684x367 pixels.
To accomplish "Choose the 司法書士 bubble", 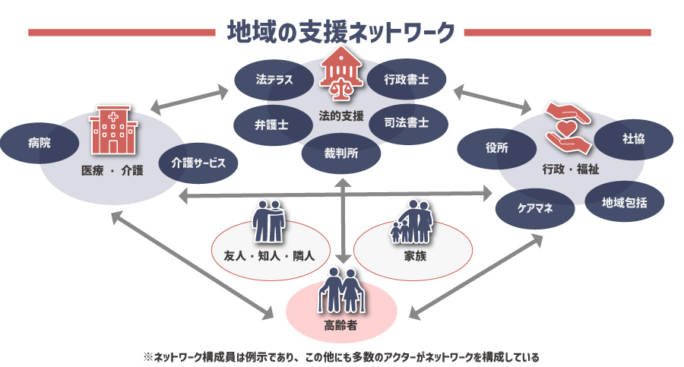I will coord(406,122).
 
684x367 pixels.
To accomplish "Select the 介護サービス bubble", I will coord(198,162).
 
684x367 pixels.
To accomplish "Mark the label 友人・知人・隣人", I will coord(269,257).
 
